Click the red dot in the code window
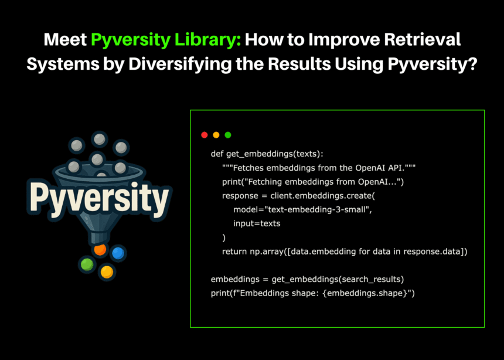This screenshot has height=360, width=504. [205, 135]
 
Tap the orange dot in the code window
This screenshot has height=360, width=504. [216, 135]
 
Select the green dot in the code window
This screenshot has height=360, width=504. [228, 135]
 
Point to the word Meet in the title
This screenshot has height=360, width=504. [65, 39]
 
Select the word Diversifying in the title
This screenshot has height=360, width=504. [181, 64]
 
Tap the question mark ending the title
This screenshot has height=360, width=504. [472, 64]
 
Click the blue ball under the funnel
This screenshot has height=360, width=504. [118, 253]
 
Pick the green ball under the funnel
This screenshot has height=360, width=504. [87, 264]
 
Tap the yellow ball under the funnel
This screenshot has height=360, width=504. [107, 272]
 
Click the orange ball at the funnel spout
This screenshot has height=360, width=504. [100, 249]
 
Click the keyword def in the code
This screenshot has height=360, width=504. [217, 154]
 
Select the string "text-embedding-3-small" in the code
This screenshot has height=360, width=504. [316, 210]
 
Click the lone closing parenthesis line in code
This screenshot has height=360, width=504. [224, 237]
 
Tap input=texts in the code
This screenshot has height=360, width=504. [257, 223]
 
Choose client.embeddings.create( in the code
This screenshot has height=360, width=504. [323, 196]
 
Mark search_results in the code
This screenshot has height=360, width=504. [370, 279]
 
